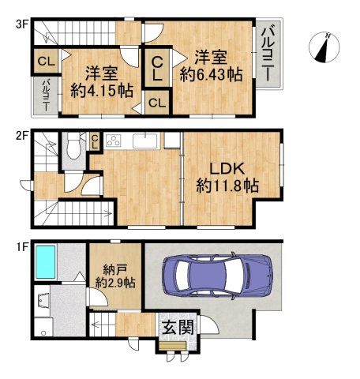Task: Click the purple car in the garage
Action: tap(218, 276)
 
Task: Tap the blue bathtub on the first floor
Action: tap(46, 262)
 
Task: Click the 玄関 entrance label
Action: tap(178, 328)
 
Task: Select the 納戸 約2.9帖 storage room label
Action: tap(115, 276)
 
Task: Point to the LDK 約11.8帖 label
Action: tap(227, 178)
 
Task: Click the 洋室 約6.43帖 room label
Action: tap(211, 66)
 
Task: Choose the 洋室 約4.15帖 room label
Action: tap(102, 82)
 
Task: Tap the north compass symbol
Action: tap(324, 47)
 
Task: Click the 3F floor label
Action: tap(21, 24)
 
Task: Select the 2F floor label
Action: tap(21, 136)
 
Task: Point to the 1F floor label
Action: tap(21, 247)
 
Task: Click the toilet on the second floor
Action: tap(73, 145)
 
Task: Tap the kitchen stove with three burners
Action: tap(114, 140)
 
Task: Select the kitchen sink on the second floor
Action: tap(145, 141)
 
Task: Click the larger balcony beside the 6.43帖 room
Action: tap(268, 54)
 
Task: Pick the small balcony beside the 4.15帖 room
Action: tap(46, 96)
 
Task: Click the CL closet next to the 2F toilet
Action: tap(95, 142)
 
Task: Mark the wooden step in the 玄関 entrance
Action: tap(173, 346)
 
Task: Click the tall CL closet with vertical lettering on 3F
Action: tap(157, 69)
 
